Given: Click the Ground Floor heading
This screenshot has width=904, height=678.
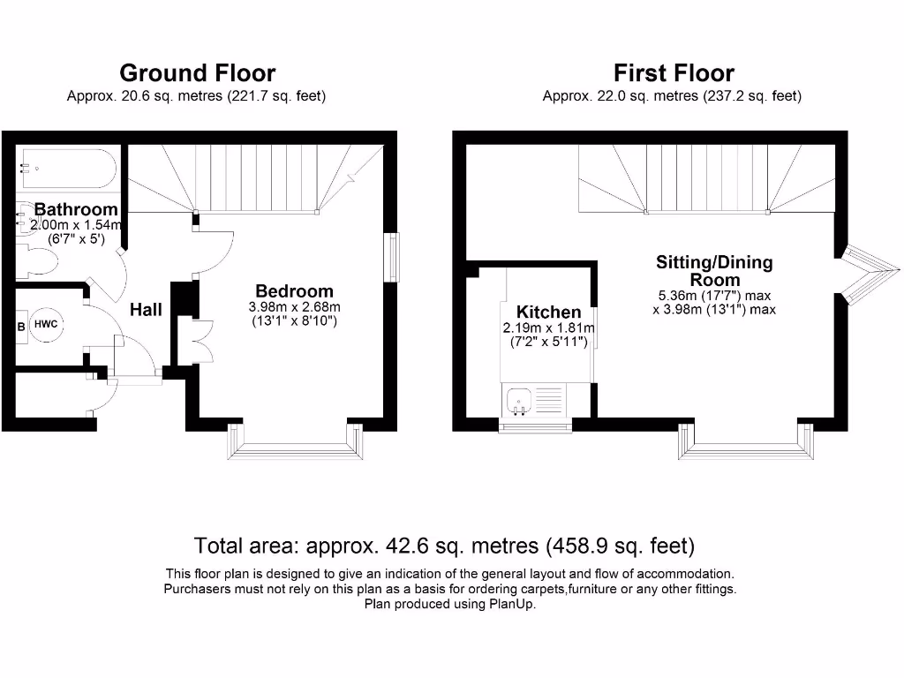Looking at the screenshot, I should tap(197, 72).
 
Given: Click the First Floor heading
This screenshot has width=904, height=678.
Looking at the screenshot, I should tap(674, 72).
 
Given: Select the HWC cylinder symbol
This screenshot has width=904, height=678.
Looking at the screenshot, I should tap(46, 324).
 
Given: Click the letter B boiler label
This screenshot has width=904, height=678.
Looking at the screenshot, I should tap(22, 325).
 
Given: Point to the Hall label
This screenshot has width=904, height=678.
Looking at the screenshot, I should tap(147, 310).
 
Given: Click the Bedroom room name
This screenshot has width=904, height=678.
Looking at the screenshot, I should tap(294, 290).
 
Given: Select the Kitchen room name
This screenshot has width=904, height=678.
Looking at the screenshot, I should tap(548, 312).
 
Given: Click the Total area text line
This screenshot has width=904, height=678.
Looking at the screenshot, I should tap(444, 544).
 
